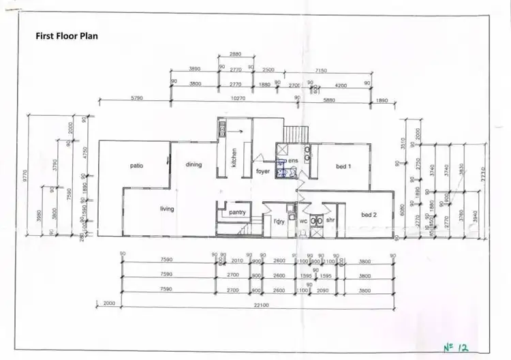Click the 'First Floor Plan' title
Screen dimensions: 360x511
(x=66, y=35)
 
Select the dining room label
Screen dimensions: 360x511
(x=194, y=164)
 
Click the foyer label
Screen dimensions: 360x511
(x=263, y=171)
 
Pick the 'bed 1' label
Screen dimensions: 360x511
(x=343, y=166)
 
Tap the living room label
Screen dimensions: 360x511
(x=168, y=209)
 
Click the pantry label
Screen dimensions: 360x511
(x=237, y=213)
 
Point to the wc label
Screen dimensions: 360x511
(x=303, y=221)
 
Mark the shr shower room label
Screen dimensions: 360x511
(x=330, y=221)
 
